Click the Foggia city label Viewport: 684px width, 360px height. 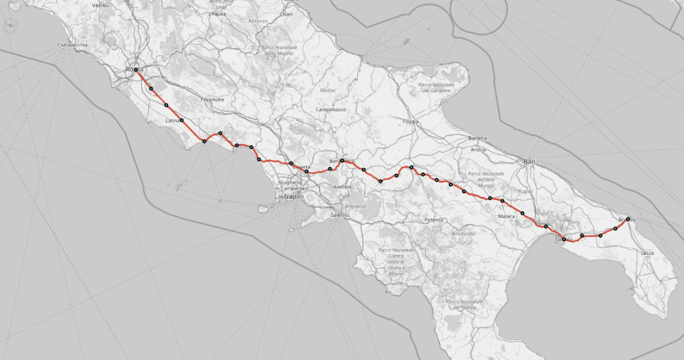point(411,121)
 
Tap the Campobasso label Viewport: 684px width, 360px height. point(331,109)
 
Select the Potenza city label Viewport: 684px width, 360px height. point(433,219)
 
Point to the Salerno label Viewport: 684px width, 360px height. point(339,215)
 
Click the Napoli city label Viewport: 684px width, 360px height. point(294,197)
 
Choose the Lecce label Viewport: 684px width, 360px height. point(647,253)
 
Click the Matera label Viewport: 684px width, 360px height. point(507,215)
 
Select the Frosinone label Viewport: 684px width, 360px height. point(212,99)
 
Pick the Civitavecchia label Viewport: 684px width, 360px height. point(73,45)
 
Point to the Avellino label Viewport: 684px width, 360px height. point(342,186)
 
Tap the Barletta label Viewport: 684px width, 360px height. point(477,138)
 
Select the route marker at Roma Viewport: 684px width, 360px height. point(135,70)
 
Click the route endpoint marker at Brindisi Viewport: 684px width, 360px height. point(628,218)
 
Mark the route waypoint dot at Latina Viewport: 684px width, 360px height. point(181,120)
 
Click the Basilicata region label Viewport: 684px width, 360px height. point(463,233)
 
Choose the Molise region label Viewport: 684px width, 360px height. point(328,90)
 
